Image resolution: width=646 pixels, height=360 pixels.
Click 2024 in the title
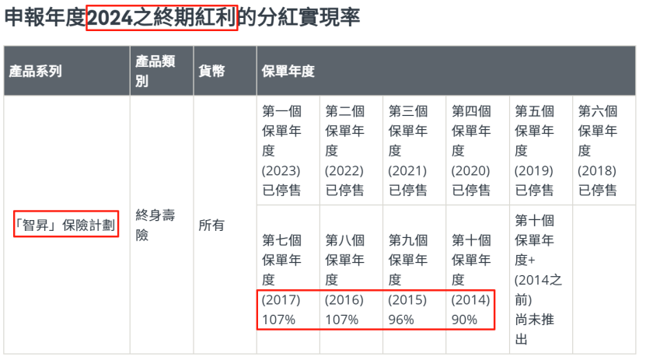tap(110, 16)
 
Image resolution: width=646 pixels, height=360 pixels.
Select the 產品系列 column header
tap(35, 72)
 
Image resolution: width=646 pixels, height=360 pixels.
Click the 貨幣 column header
tap(212, 72)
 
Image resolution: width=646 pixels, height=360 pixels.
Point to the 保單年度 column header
tap(288, 72)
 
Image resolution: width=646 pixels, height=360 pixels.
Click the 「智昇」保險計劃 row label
tap(66, 225)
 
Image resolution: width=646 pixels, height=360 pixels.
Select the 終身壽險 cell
tap(155, 225)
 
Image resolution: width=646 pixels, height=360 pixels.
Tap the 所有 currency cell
tap(211, 225)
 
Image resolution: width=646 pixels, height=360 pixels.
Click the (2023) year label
tap(281, 170)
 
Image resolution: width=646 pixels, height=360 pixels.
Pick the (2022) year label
tap(344, 170)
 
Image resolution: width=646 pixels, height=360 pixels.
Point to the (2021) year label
tap(408, 170)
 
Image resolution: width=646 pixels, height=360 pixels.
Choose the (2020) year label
tap(471, 170)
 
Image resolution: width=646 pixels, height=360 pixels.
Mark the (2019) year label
tap(534, 170)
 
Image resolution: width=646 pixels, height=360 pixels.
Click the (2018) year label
tap(597, 170)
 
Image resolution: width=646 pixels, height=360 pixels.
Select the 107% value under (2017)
tap(279, 320)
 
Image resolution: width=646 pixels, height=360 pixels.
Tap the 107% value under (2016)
tap(342, 320)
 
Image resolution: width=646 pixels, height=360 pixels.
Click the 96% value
tap(403, 320)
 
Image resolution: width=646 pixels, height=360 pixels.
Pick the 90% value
tap(466, 320)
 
